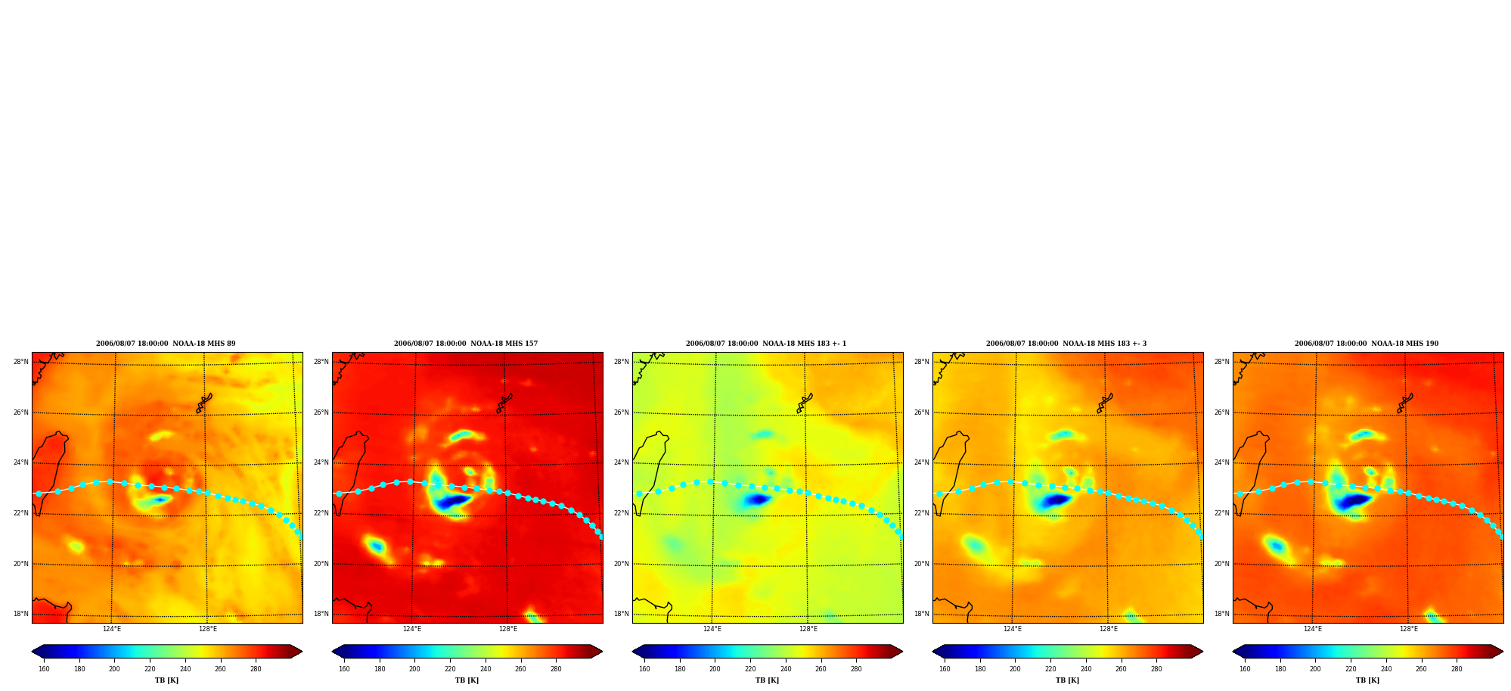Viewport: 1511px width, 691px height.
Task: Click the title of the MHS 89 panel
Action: (x=166, y=344)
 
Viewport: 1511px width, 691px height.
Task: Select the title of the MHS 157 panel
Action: (x=466, y=344)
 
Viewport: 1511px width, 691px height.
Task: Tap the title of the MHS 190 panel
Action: (x=1367, y=344)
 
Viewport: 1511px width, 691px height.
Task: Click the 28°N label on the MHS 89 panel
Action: (x=21, y=362)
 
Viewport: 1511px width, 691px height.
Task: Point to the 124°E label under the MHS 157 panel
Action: (x=412, y=629)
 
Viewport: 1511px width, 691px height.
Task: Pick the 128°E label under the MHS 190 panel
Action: (x=1409, y=629)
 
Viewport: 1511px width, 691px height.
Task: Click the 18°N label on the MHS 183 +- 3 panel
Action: (x=922, y=614)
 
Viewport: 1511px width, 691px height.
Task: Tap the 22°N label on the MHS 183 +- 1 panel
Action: (x=622, y=513)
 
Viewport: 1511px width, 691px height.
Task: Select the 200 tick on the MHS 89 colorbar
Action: (x=114, y=668)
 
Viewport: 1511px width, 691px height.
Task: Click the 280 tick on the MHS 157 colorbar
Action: (x=556, y=668)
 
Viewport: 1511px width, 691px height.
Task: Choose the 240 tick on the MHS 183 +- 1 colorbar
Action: (x=786, y=668)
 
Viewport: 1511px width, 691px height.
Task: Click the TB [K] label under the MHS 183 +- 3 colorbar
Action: (x=1067, y=680)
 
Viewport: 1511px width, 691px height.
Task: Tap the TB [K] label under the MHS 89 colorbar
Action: (x=166, y=680)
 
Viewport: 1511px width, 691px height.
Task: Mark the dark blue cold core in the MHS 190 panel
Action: (x=1353, y=501)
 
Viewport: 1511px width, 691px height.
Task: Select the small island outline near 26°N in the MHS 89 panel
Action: (x=204, y=403)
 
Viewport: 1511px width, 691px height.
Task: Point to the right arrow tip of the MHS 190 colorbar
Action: (x=1503, y=652)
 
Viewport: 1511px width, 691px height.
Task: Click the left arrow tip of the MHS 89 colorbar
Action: (x=33, y=652)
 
